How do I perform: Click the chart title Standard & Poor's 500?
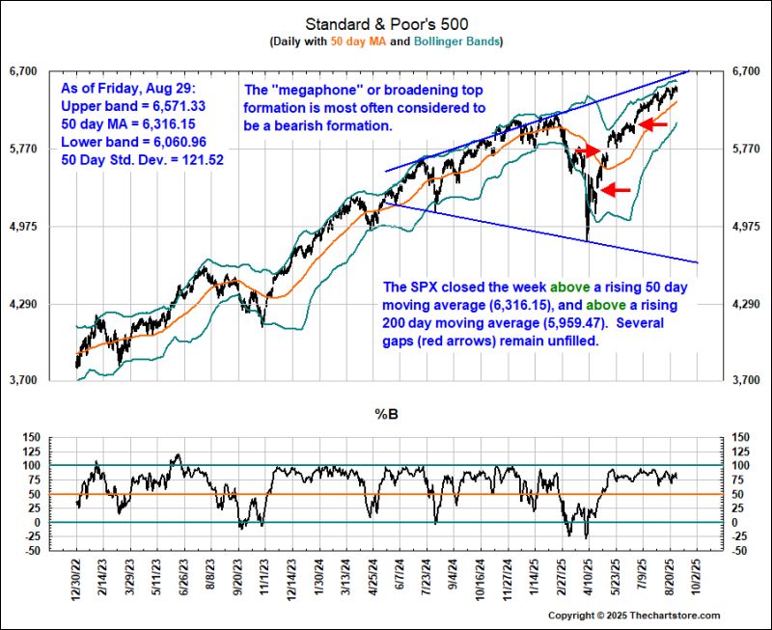[385, 22]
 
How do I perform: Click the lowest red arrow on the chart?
[616, 190]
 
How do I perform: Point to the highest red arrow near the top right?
[653, 123]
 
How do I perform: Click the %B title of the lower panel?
[385, 416]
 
